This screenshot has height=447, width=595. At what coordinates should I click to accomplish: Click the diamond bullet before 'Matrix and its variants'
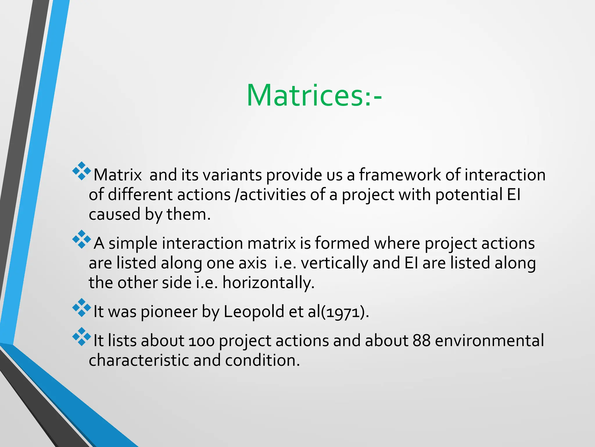(82, 171)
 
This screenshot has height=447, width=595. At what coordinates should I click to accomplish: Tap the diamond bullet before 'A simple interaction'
(82, 239)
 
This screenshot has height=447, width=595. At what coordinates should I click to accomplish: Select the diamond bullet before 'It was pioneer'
(82, 308)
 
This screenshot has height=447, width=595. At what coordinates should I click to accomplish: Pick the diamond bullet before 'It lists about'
(82, 337)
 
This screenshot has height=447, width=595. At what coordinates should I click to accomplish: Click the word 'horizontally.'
(268, 283)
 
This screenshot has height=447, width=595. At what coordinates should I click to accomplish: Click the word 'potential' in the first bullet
(468, 195)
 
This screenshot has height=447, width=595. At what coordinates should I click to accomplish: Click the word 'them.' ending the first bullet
(189, 214)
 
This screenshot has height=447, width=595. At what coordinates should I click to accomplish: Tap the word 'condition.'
(262, 360)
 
